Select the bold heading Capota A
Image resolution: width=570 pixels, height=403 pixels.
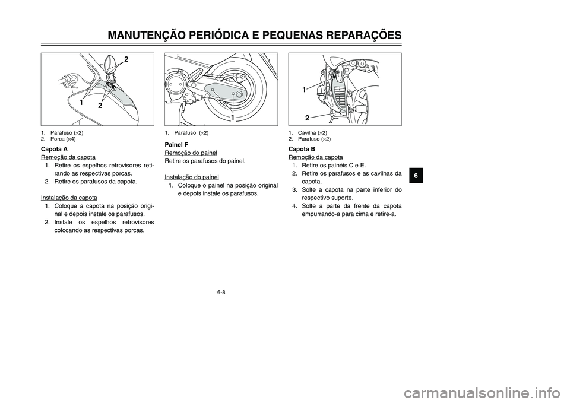(53, 148)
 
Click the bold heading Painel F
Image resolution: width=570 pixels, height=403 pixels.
(176, 144)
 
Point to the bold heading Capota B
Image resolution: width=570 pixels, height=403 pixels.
(302, 148)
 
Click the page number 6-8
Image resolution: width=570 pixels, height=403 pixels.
(221, 292)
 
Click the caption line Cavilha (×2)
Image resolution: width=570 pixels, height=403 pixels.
(308, 132)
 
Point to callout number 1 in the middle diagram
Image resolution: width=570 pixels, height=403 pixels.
(235, 118)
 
